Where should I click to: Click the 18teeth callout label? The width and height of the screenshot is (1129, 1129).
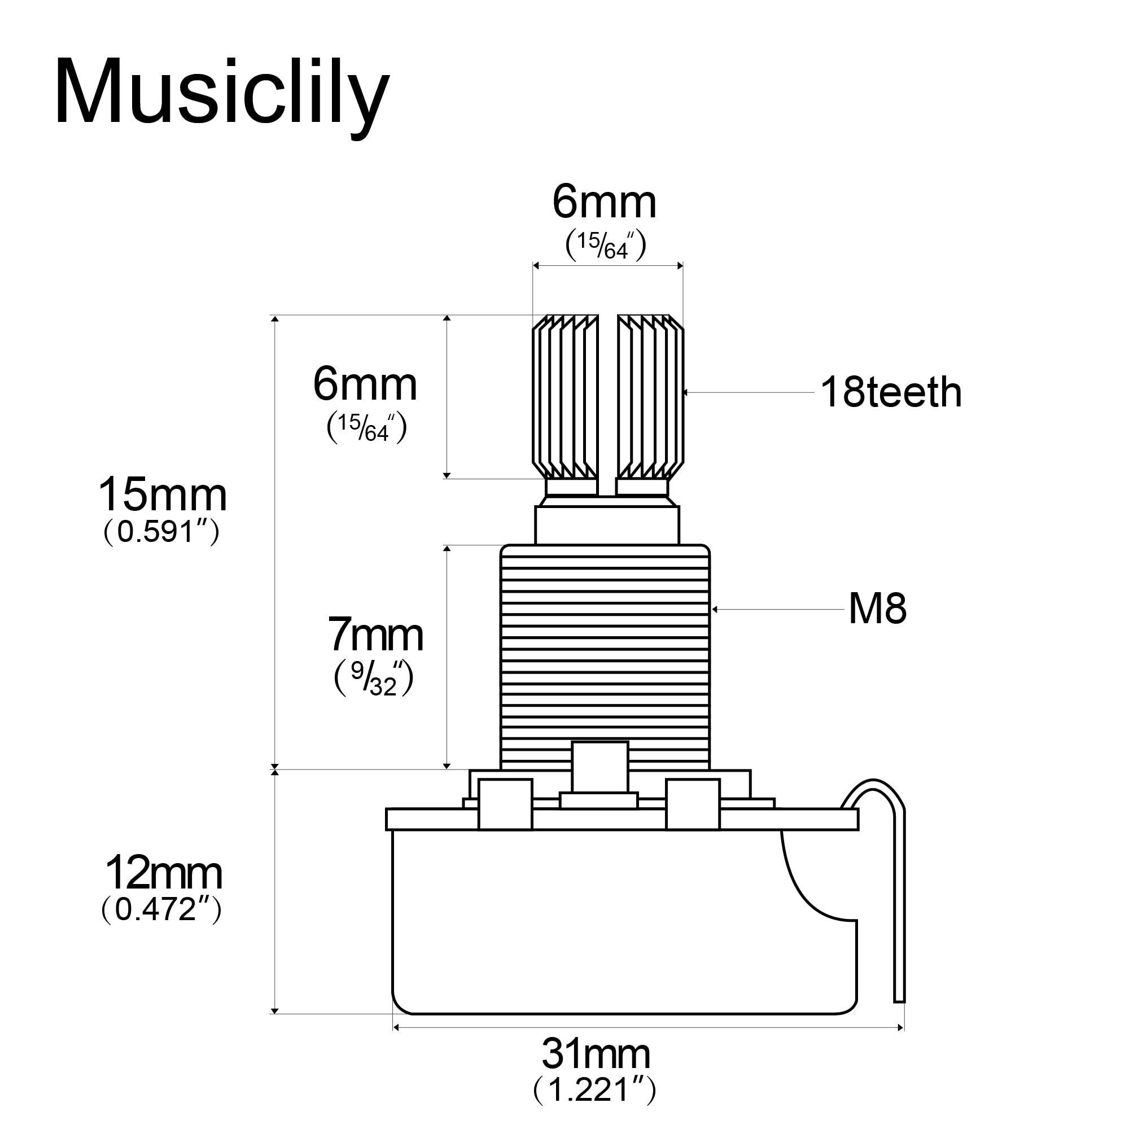coord(891,392)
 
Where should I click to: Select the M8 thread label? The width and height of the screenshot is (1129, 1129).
coord(877,609)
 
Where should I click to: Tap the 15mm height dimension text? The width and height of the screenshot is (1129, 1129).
coord(163,495)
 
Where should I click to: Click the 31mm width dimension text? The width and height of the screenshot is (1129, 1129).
coord(596,1054)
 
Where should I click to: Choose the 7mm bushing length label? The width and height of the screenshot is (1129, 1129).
coord(375,635)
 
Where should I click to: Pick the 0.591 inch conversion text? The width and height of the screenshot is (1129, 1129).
coord(161,532)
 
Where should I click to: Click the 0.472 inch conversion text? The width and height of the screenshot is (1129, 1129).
coord(161,910)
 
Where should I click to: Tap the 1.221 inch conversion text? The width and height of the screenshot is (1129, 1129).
coord(595,1089)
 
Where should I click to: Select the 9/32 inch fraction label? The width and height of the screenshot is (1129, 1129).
coord(374,678)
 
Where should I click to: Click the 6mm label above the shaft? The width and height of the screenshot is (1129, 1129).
coord(604,203)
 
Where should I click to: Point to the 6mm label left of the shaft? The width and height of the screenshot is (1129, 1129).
coord(365,385)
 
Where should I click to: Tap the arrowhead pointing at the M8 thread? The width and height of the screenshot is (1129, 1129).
coord(715,610)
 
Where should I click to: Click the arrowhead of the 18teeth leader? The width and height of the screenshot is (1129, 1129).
coord(686,393)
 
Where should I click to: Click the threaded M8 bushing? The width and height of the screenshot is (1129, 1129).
coord(605,643)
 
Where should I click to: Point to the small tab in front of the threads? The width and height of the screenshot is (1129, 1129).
coord(599,766)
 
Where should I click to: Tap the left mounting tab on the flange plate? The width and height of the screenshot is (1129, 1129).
coord(505,804)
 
